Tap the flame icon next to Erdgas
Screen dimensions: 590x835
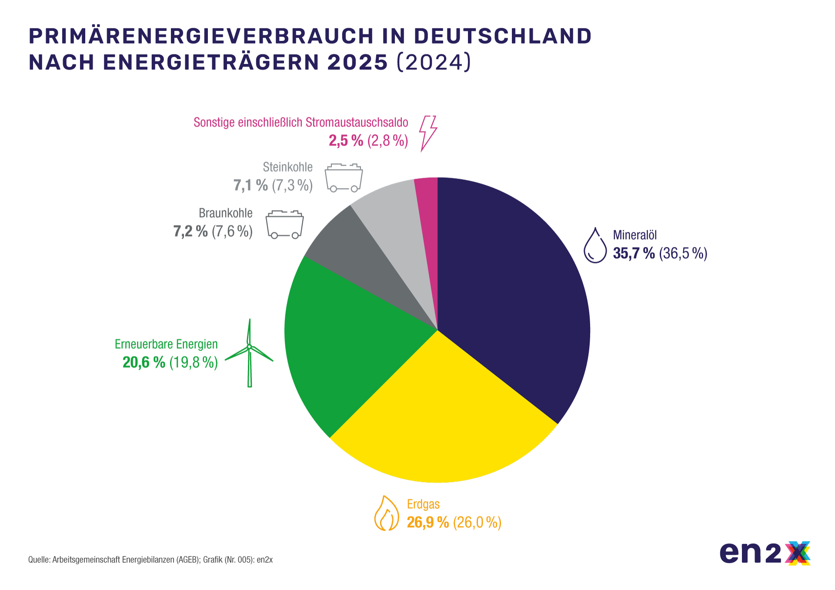[x=386, y=513]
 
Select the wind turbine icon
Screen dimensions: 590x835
[x=250, y=353]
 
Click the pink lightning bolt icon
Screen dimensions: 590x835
[x=427, y=133]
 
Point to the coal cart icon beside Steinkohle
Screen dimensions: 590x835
[x=344, y=178]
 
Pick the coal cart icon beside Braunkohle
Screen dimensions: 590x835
[x=284, y=224]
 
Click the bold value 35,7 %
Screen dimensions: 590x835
[x=634, y=253]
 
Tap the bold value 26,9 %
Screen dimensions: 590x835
[x=428, y=522]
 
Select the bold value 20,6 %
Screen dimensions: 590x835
[x=144, y=362]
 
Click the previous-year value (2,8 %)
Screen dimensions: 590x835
[x=388, y=140]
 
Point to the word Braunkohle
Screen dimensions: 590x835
[x=225, y=213]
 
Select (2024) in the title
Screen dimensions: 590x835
[x=434, y=62]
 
